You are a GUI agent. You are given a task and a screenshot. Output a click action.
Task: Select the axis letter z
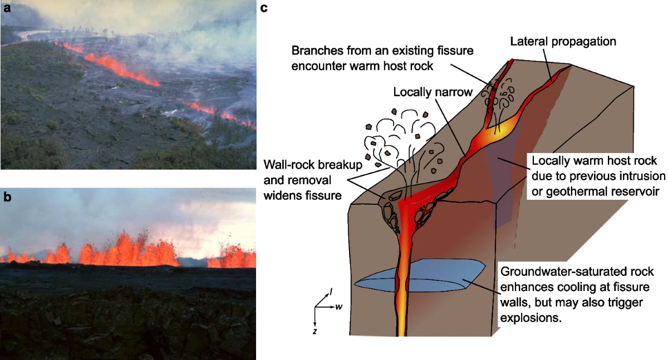point(316,331)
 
